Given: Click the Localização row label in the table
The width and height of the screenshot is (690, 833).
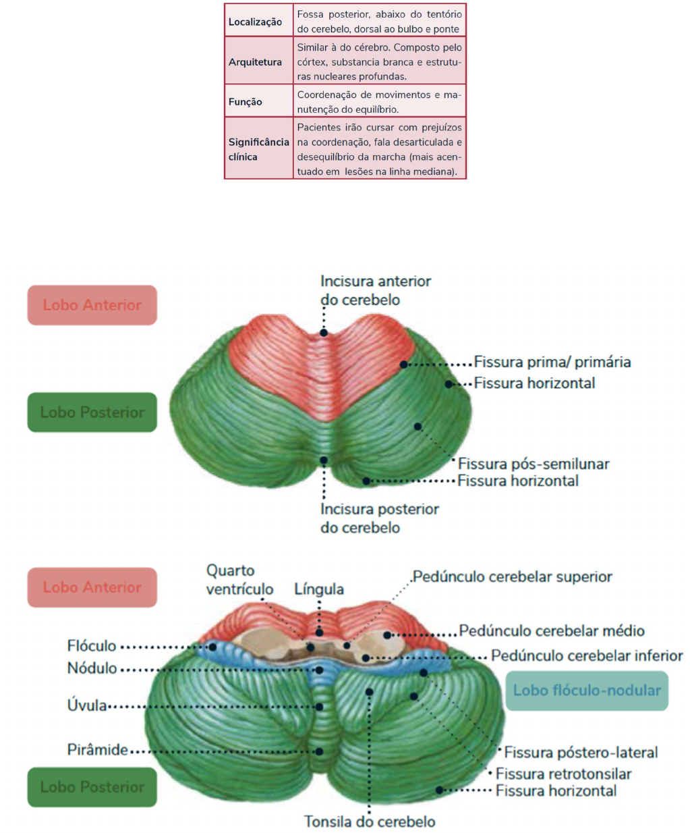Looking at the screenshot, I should (x=255, y=22).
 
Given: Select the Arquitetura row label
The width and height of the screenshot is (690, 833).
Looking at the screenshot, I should (x=255, y=62).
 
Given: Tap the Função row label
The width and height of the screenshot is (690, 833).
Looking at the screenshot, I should (x=245, y=102).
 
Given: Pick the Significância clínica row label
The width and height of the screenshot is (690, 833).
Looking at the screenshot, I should (x=258, y=149).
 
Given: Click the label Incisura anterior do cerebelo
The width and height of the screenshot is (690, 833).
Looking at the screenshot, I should (x=375, y=290).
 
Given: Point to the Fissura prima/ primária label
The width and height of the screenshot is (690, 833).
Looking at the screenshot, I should (x=552, y=362).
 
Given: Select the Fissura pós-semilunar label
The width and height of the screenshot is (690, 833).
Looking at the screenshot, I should (x=533, y=464).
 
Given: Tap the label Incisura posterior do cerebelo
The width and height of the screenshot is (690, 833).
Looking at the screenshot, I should (x=379, y=518).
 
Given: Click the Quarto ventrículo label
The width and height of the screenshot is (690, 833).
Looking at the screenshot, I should (x=239, y=580).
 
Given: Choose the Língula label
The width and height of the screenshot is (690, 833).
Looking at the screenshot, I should (x=319, y=589).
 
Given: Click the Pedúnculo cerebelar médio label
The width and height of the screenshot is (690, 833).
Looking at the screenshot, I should (x=552, y=631).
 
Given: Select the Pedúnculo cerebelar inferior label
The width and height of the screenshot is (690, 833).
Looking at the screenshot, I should (x=586, y=655).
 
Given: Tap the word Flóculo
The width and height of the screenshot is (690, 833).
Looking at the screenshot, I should (x=92, y=646).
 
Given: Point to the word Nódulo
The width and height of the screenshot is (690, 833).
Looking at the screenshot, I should (x=92, y=668).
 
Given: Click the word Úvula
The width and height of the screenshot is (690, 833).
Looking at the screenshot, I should (x=87, y=705).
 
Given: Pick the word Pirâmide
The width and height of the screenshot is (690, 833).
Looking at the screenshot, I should (x=97, y=750).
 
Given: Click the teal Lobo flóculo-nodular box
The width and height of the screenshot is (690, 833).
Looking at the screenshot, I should (x=586, y=691).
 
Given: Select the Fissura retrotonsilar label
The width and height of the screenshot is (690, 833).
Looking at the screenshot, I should (x=563, y=774).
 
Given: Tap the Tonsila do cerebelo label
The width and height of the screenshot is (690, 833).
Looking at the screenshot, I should (x=369, y=822).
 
